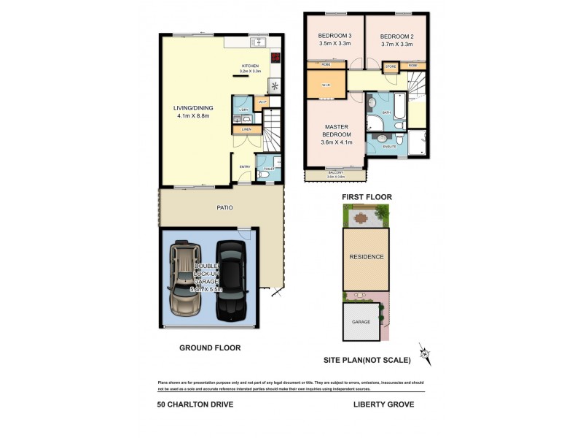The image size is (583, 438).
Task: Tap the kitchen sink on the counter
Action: pyautogui.click(x=259, y=43)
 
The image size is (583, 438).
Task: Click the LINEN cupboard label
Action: pyautogui.click(x=246, y=129)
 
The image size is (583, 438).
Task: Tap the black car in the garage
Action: pyautogui.click(x=230, y=280)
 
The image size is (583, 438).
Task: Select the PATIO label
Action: pyautogui.click(x=224, y=207)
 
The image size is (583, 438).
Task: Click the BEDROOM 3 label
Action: pyautogui.click(x=335, y=36)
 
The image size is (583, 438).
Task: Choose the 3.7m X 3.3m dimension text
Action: pyautogui.click(x=396, y=45)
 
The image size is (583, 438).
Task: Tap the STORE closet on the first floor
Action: pyautogui.click(x=391, y=67)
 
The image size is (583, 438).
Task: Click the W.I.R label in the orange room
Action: pyautogui.click(x=326, y=85)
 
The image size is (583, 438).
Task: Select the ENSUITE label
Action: pyautogui.click(x=389, y=146)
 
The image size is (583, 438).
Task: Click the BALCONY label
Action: pyautogui.click(x=335, y=172)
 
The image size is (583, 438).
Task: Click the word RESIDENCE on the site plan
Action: pyautogui.click(x=366, y=257)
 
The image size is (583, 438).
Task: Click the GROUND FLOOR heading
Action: pyautogui.click(x=210, y=348)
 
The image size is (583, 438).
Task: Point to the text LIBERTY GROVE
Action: pyautogui.click(x=383, y=404)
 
